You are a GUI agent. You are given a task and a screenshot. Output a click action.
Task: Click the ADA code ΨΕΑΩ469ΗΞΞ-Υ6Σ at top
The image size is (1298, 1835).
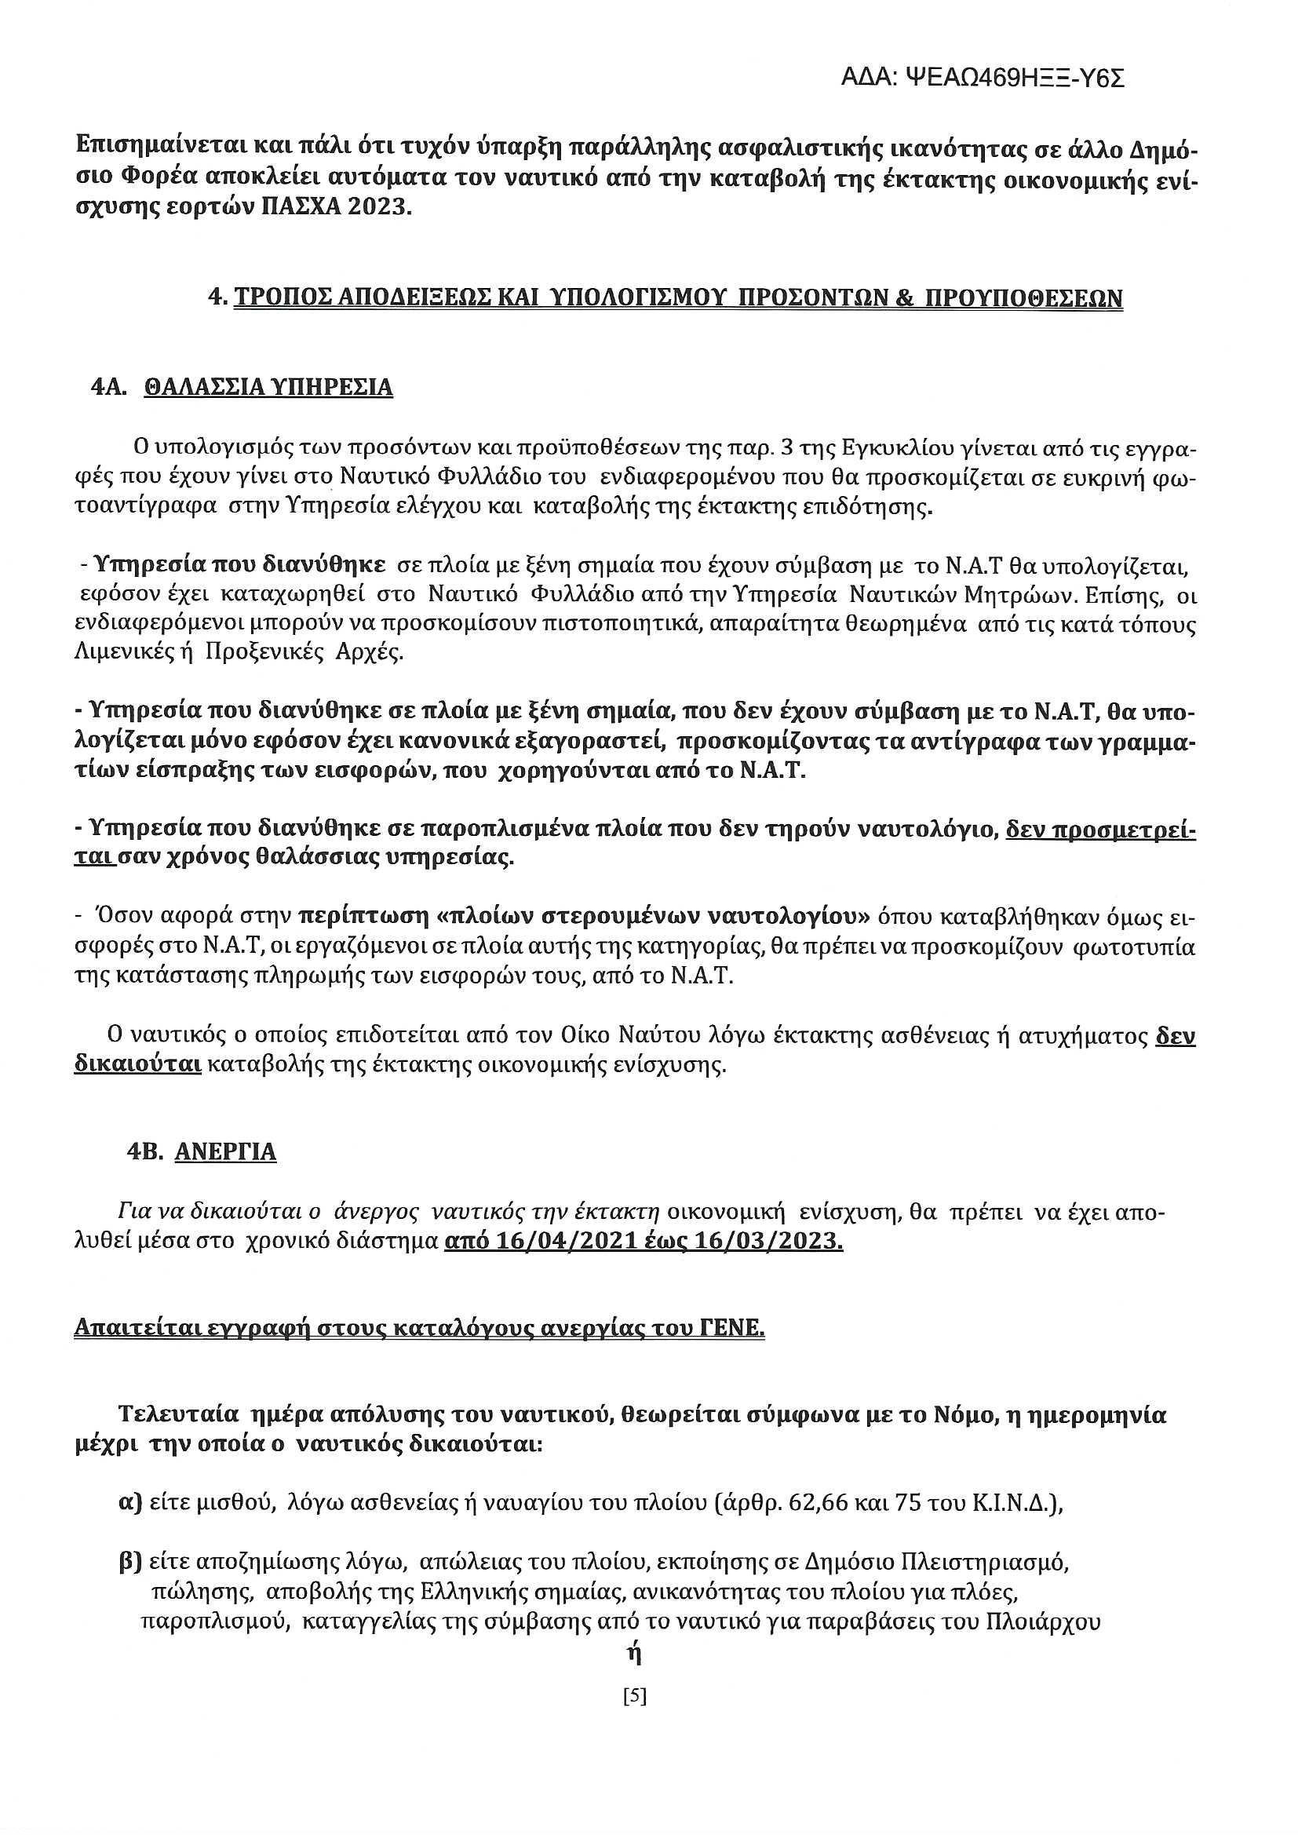point(983,78)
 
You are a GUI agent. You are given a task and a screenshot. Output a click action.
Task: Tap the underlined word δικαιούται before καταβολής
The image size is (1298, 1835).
point(137,1066)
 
